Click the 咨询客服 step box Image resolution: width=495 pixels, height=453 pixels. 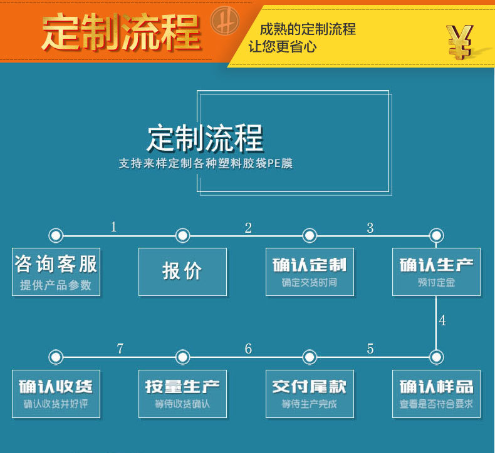coord(56,272)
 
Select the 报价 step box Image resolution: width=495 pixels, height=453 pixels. coord(182,272)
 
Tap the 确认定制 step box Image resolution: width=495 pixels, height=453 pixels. coord(310,272)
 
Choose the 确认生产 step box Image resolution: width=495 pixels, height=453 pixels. coord(436,272)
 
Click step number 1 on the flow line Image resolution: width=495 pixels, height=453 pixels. coord(113,227)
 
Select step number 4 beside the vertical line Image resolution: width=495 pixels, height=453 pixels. coord(442,321)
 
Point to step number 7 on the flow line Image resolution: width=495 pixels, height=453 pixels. coord(120,349)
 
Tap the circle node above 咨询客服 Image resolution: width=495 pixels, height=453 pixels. coord(56,235)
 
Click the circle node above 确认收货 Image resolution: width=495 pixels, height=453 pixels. coord(56,357)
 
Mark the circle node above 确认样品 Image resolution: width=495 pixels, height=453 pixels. coord(436,357)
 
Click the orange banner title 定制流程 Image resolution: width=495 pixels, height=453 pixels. coord(121,33)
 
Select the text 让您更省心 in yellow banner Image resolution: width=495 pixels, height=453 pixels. coord(282,46)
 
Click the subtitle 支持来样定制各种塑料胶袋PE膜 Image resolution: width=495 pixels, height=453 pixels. coord(206,164)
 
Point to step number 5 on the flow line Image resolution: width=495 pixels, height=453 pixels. coord(370,349)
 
